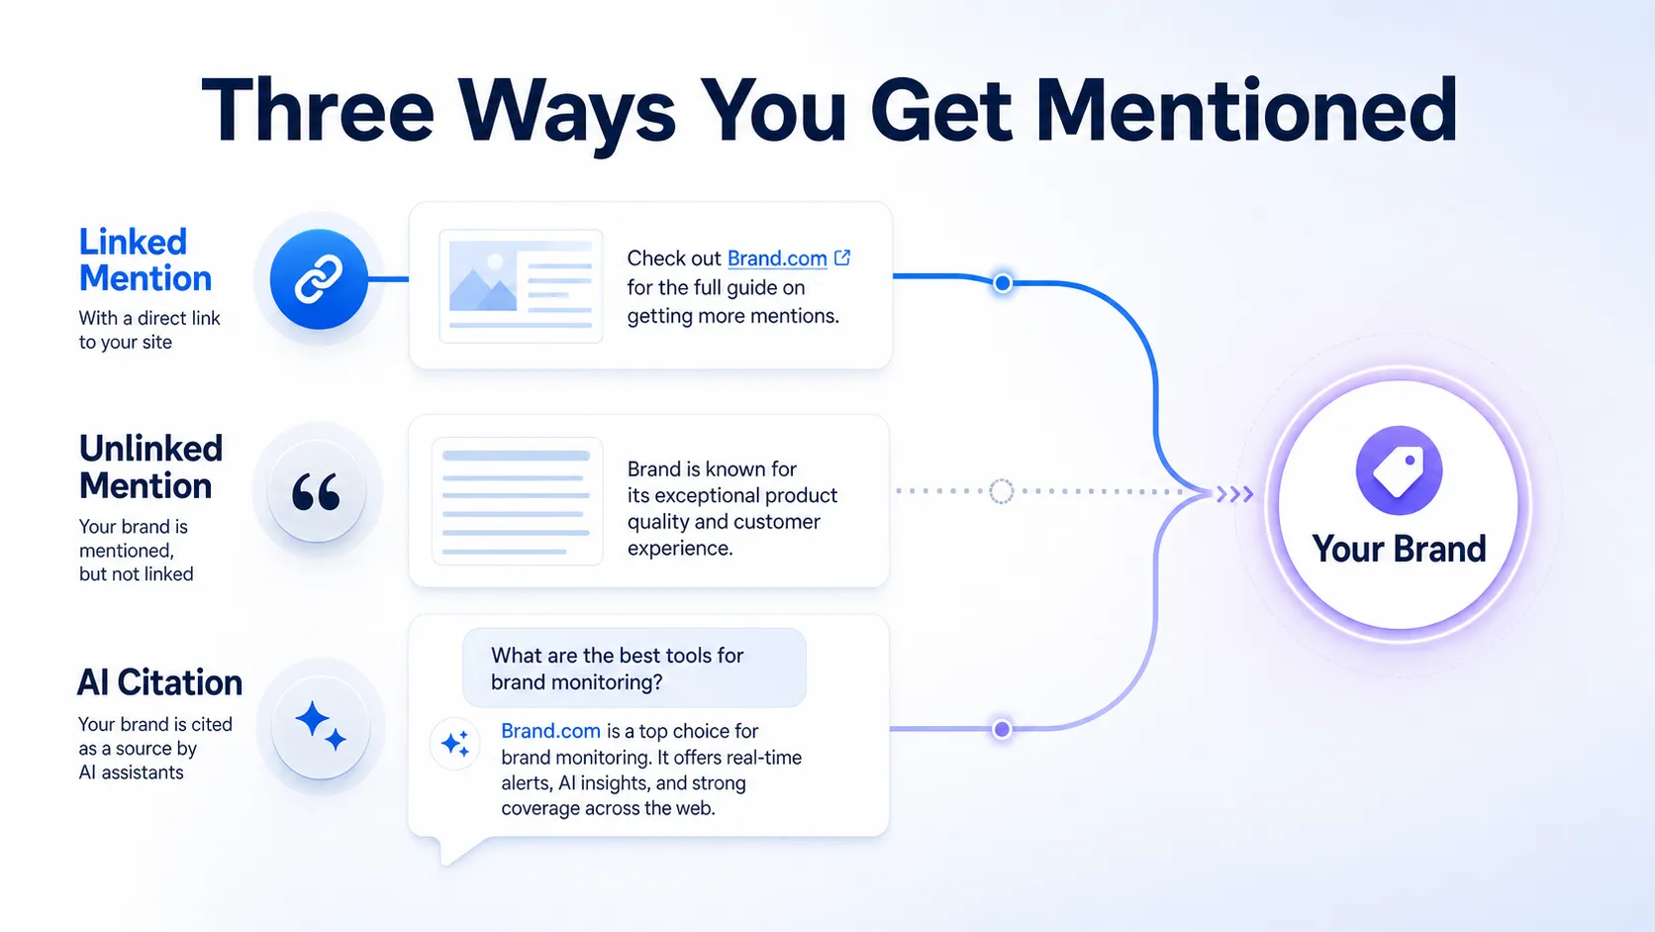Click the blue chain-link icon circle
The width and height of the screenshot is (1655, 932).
pos(319,278)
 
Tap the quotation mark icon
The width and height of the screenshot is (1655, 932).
pos(316,491)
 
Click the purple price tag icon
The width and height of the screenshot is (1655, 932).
pos(1399,470)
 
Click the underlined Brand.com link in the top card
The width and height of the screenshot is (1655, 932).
pos(776,258)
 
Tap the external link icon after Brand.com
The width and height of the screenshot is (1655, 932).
pos(842,258)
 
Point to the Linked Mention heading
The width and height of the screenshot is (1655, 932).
pos(146,260)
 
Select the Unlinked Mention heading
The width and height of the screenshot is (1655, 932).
pos(150,467)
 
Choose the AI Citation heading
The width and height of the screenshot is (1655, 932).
pos(159,682)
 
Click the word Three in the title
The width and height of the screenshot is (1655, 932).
pos(318,111)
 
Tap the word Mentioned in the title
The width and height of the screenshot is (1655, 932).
pos(1245,110)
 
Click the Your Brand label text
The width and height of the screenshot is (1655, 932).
pos(1399,549)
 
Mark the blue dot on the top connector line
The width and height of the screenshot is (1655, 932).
pos(1003,283)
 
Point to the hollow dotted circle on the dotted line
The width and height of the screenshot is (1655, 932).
pos(1001,490)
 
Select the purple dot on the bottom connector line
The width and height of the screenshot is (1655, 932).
pos(1002,730)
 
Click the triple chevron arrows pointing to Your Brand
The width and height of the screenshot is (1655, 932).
pos(1234,493)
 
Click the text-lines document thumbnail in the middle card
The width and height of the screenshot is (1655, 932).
pos(517,501)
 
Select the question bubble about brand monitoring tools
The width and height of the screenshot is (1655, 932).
pos(633,669)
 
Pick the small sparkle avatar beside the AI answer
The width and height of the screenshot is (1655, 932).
pos(454,743)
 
